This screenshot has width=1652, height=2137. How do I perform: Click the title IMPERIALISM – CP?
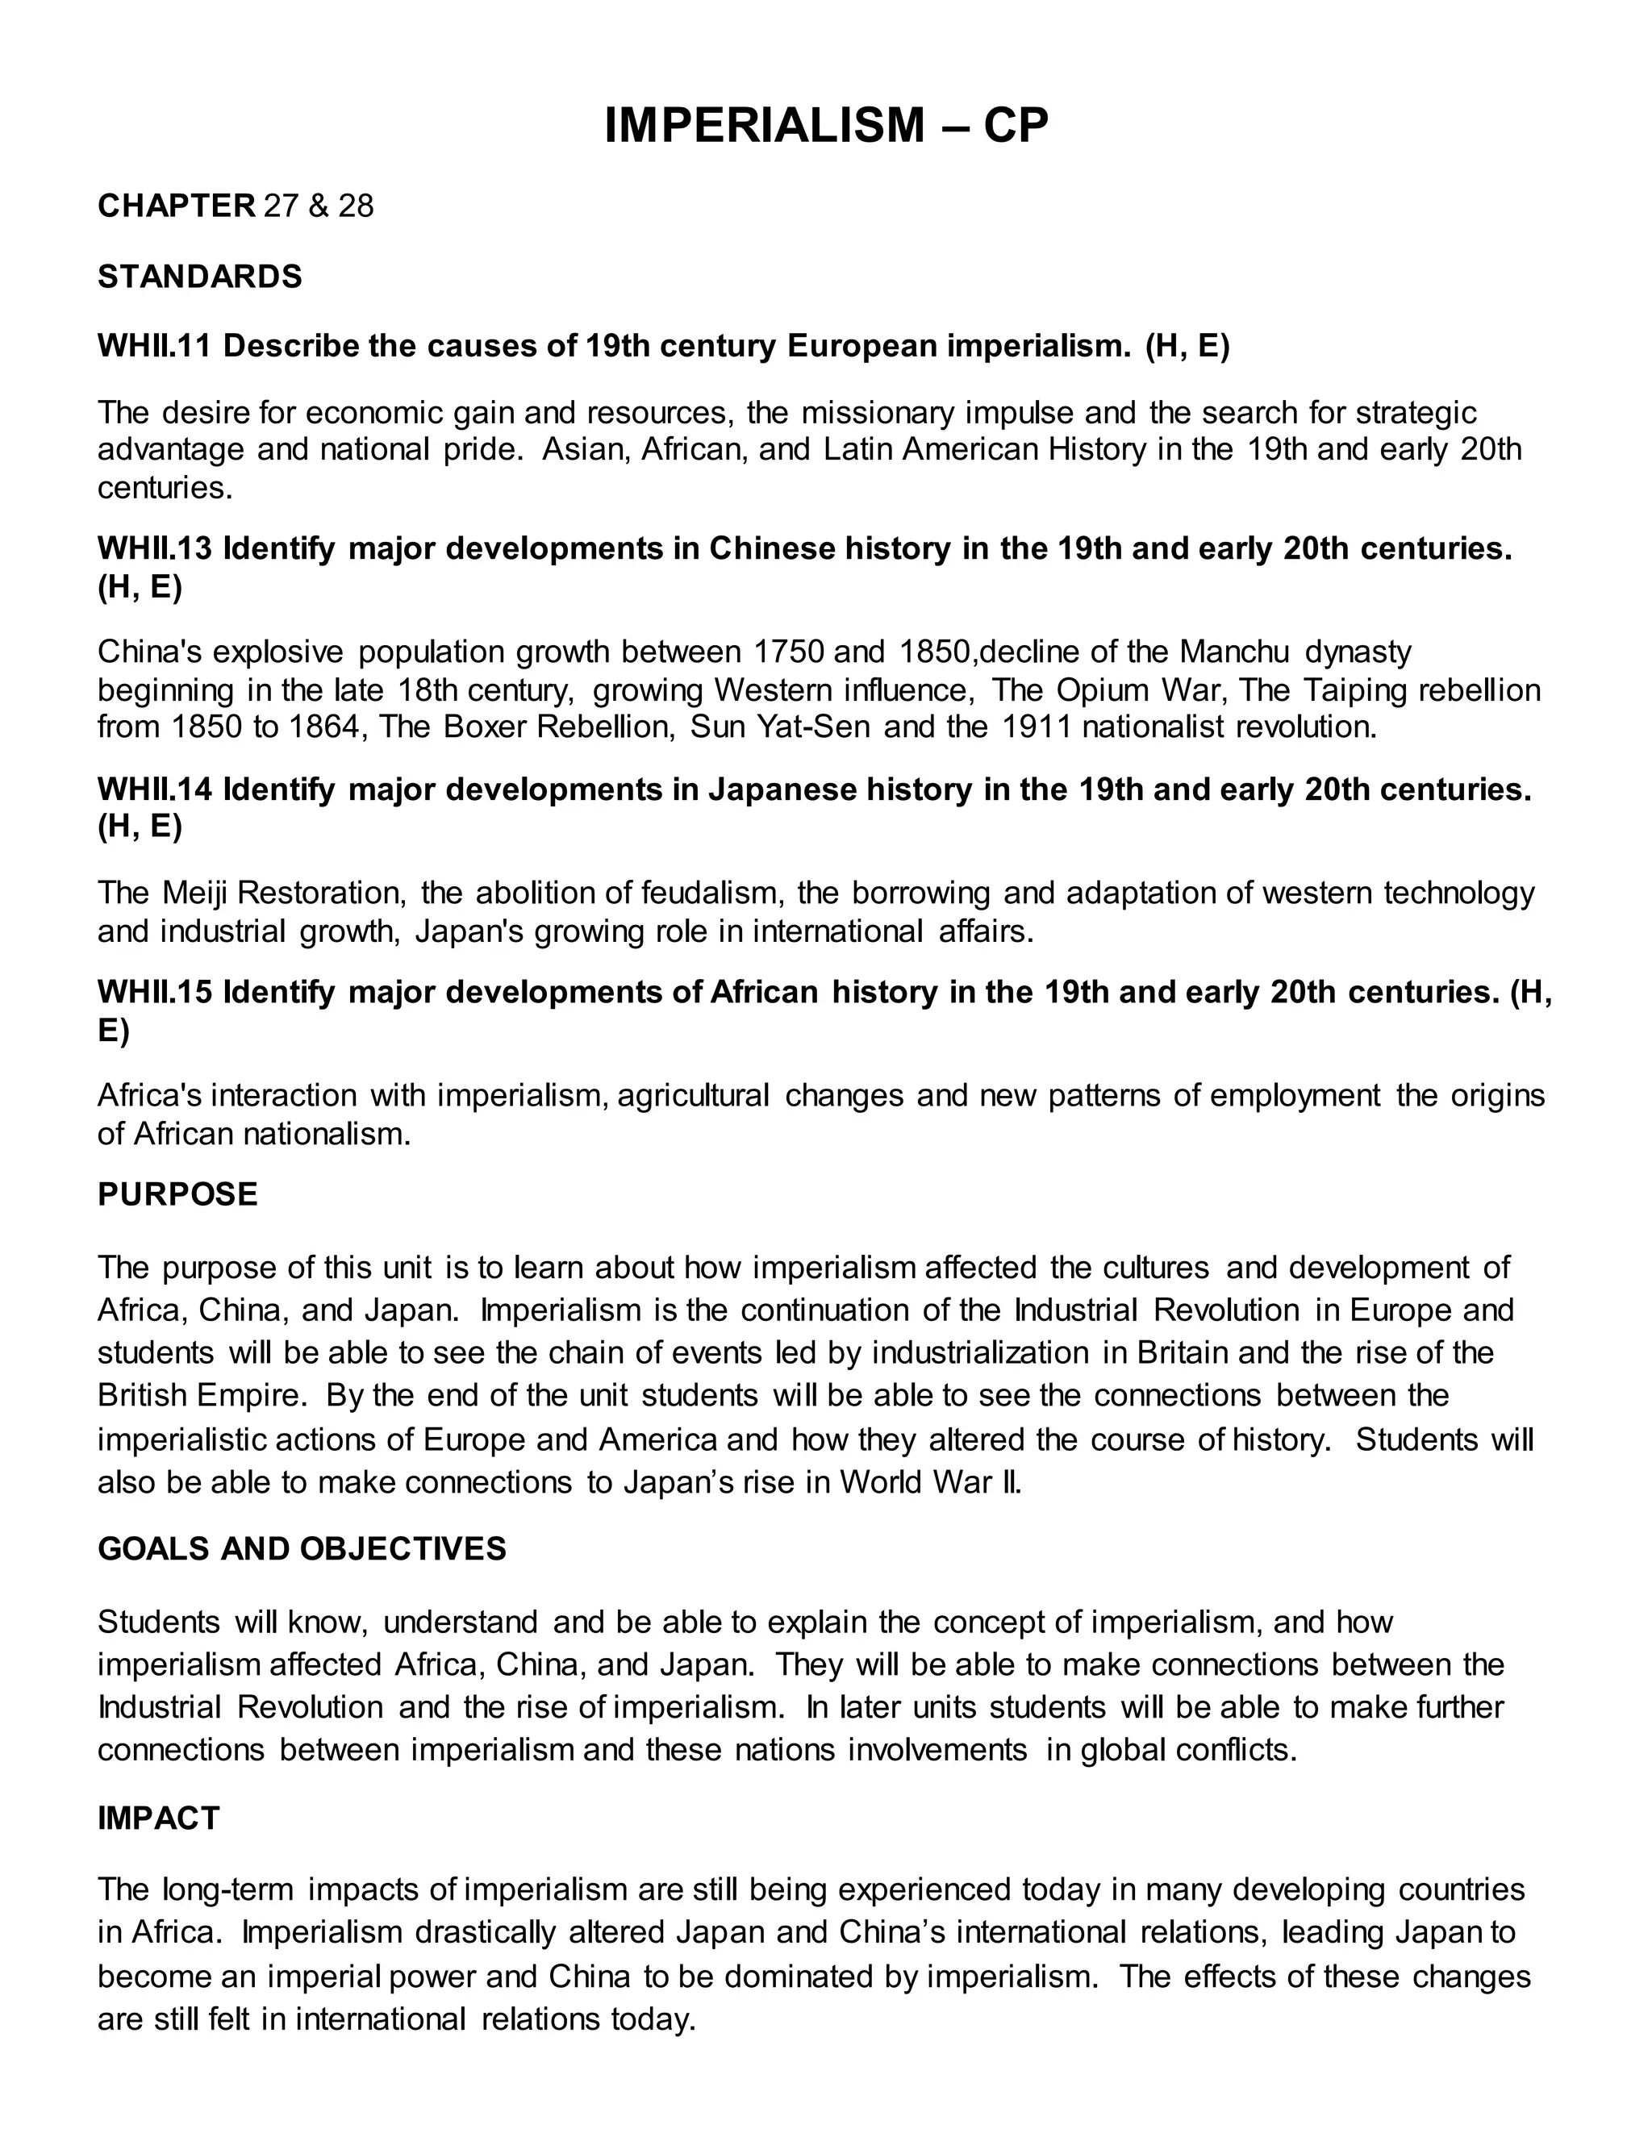coord(825,127)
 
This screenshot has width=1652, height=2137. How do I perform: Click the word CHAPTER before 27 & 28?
coord(176,206)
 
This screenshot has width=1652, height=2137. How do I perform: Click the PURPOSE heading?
coord(177,1195)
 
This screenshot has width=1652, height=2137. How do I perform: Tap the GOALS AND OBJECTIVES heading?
coord(302,1549)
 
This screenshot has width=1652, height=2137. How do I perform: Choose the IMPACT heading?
coord(159,1818)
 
